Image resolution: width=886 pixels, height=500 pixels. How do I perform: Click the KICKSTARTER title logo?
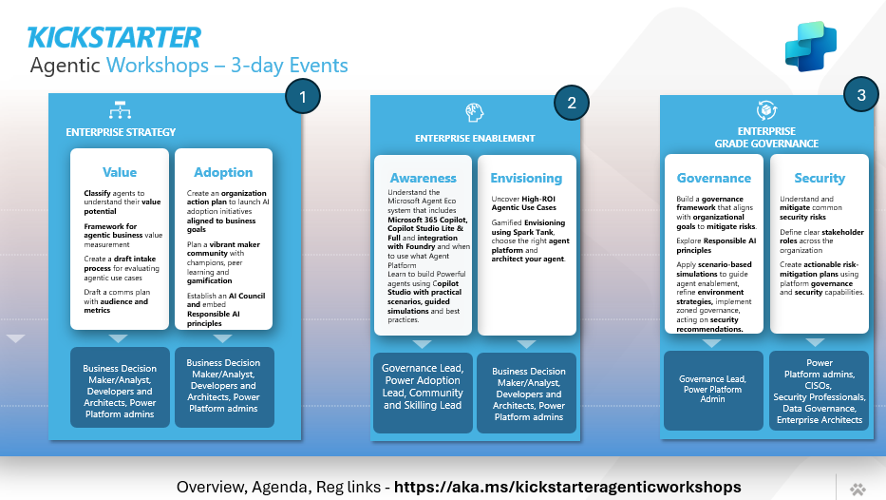coord(114,37)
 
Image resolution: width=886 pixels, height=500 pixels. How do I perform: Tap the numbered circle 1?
coord(303,97)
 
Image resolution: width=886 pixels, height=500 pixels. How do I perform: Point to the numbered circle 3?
coord(860,95)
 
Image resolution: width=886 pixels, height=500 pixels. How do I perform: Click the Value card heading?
coord(120,172)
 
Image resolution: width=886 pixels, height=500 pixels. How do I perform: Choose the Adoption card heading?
coord(223,172)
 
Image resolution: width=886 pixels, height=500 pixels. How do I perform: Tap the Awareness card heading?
coord(422,178)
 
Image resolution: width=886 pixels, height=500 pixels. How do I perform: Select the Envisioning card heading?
coord(526,178)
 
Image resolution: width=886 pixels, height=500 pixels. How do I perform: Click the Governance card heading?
coord(714,178)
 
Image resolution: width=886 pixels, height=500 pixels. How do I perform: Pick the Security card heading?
coord(819,178)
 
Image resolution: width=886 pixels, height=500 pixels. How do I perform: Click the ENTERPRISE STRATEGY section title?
coord(121,131)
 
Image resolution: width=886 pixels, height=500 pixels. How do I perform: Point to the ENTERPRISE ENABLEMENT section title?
coord(475,139)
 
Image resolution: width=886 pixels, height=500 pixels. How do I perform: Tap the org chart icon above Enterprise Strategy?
coord(121,108)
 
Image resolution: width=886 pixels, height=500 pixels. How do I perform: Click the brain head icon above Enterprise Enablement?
coord(475,113)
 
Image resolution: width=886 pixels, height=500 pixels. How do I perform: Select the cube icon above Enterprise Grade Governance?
coord(766,109)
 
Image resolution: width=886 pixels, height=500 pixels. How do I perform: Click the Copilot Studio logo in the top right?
coord(810,46)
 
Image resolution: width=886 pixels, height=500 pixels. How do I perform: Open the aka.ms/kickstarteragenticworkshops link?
coord(567,487)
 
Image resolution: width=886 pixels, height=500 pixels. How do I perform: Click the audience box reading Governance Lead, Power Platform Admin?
coord(713,389)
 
